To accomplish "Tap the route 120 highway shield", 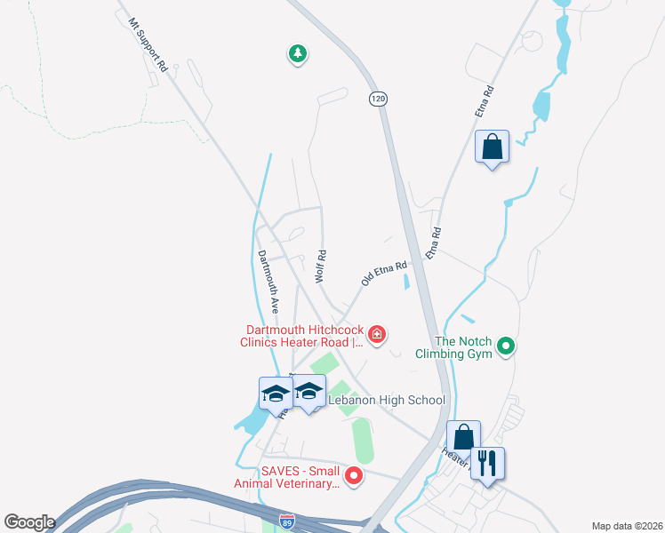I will coord(378,99).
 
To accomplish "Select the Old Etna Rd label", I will coord(384,273).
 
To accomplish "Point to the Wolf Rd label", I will coord(320,266).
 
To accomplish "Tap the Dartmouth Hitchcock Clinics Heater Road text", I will coord(299,336).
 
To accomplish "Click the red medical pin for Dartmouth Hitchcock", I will coord(377,334).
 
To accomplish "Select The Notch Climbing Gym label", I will coord(462,347).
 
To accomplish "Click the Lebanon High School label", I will coord(387,401).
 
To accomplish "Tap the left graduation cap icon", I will coord(276,392).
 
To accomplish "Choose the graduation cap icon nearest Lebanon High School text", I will coord(308,392).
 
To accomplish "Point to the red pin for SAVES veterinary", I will coord(354,477).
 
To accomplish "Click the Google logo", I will coord(29,522).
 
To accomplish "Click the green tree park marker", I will coord(297,54).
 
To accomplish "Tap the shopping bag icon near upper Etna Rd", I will coord(492,147).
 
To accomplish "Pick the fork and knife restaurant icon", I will coord(487,463).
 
